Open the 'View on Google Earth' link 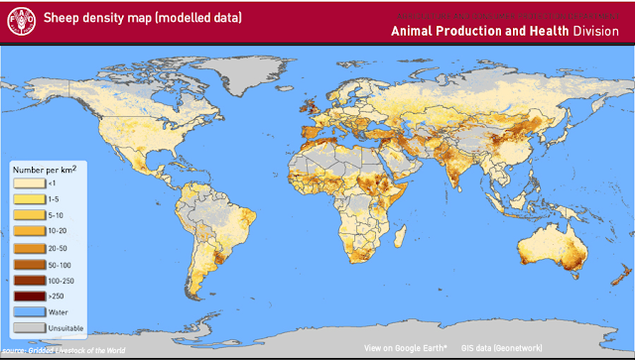coord(405,348)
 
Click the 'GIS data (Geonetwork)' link coord(500,348)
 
